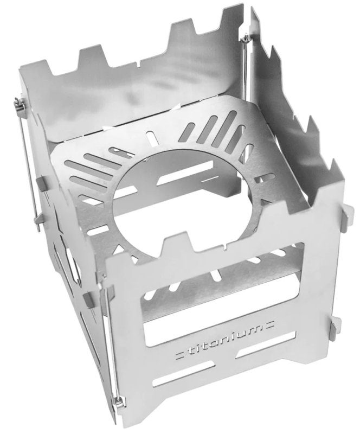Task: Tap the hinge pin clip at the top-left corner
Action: click(20, 104)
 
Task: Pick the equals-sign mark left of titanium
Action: click(180, 355)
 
